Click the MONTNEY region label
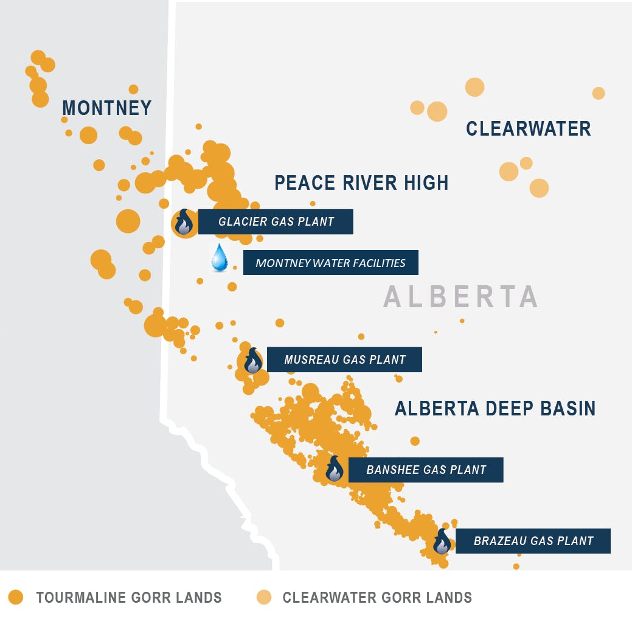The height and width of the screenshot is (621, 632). point(107,108)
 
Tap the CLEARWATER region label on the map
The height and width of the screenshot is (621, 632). point(528,128)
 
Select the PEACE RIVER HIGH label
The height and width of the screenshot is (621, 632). point(361,182)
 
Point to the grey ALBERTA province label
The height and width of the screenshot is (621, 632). point(461,296)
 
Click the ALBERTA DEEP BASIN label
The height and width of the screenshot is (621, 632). point(495,408)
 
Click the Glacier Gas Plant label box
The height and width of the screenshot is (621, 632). point(276,222)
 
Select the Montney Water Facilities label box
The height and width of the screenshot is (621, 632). point(330,263)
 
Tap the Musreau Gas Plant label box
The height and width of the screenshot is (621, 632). point(344,359)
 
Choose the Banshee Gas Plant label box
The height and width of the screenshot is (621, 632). point(426,470)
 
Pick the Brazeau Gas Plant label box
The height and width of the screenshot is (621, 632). point(533,540)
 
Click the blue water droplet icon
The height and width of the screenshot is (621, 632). point(219,258)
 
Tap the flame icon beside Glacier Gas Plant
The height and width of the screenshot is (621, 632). point(184,223)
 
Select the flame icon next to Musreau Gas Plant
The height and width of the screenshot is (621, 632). point(252,361)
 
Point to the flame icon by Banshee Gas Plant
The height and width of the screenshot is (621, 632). point(335,469)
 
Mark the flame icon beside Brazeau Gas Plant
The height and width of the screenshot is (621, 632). point(442,541)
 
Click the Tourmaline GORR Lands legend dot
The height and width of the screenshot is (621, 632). point(16,597)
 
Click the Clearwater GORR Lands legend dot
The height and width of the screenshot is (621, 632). point(263,597)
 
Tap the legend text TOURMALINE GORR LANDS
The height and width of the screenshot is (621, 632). point(129,597)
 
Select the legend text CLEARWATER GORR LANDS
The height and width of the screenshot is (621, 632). point(377,597)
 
